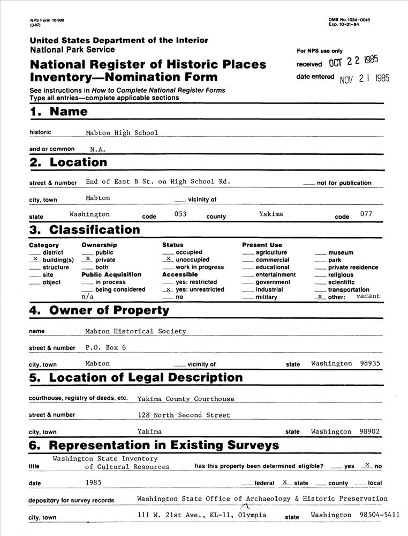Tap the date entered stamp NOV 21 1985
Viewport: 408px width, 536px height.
pos(365,78)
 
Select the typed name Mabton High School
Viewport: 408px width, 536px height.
pos(122,133)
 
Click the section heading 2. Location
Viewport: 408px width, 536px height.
pos(68,162)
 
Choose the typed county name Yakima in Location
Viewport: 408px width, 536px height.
pos(271,214)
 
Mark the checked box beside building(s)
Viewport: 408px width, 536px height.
pos(35,258)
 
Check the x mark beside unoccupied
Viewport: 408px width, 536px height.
pos(168,258)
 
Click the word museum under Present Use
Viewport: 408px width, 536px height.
pos(341,252)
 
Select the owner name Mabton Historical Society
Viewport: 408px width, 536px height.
pos(135,331)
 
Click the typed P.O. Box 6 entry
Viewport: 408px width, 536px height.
pos(105,347)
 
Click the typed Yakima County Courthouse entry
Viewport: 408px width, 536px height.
pos(186,399)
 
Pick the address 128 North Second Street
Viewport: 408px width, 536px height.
pos(184,415)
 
